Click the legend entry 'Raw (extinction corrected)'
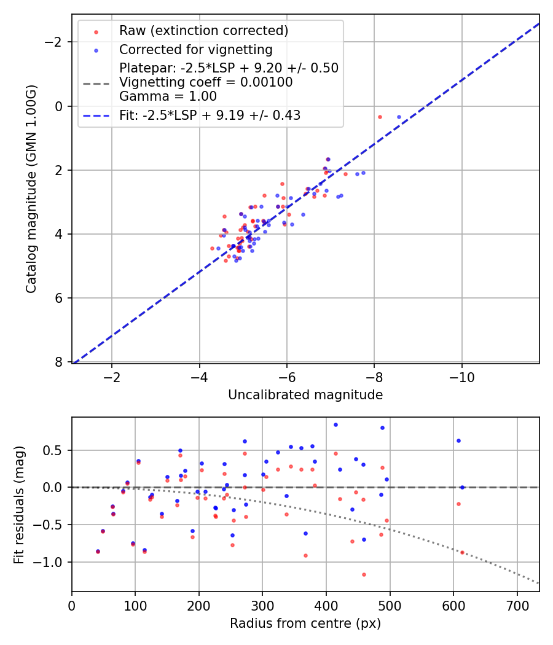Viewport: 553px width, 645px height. [203, 31]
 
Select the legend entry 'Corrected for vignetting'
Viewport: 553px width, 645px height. [195, 49]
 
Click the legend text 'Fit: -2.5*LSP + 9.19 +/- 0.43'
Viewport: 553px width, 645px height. [210, 115]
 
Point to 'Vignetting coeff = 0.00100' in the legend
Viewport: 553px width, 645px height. [206, 82]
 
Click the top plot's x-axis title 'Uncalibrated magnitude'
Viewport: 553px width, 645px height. [305, 395]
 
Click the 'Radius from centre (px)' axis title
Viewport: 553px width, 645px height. [305, 623]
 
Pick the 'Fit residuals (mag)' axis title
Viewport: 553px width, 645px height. [19, 504]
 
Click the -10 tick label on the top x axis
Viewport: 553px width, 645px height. [461, 377]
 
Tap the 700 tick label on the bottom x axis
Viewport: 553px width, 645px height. [517, 606]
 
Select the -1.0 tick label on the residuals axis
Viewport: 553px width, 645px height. [52, 562]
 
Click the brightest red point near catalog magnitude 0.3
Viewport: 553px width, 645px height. [380, 117]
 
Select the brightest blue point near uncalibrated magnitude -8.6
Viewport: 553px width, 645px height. [399, 117]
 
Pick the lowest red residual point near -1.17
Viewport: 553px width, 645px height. [364, 574]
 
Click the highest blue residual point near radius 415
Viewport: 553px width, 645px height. [335, 424]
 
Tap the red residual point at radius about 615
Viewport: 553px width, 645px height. [462, 552]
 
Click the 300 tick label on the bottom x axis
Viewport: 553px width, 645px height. [262, 606]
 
